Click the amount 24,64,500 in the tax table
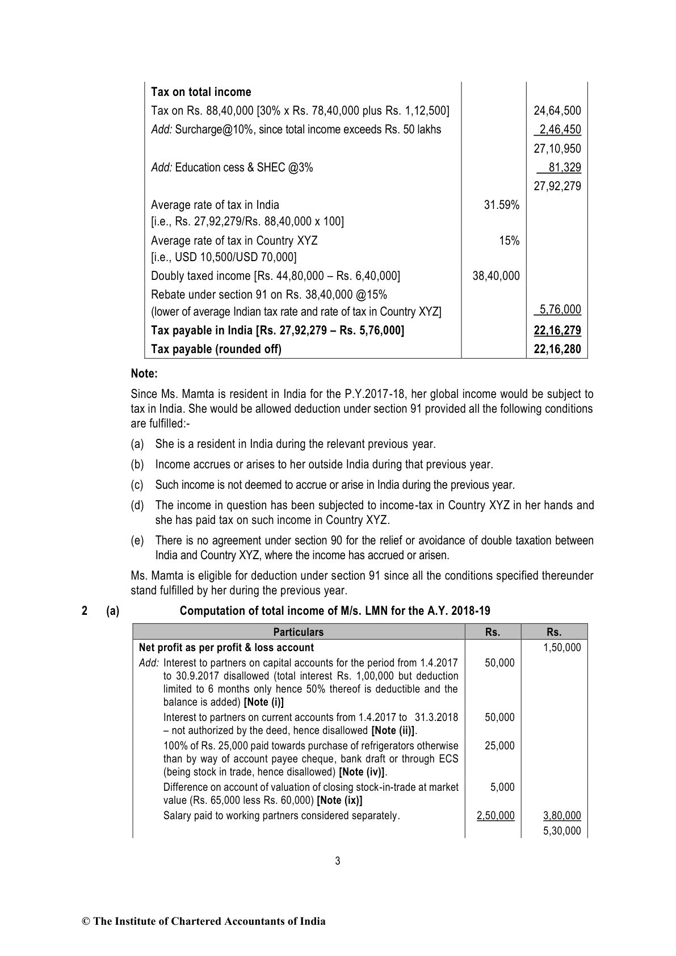(x=557, y=111)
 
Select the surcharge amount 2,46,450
(x=559, y=129)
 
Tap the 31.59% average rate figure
(x=501, y=205)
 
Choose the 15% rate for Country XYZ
(x=509, y=241)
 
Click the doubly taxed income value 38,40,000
(x=496, y=276)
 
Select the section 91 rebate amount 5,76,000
(x=560, y=309)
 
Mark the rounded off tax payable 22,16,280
(x=557, y=349)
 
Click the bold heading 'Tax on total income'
(x=201, y=92)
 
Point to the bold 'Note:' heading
(x=144, y=374)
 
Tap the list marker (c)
(x=137, y=485)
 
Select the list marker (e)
(x=137, y=540)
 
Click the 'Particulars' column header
(x=298, y=632)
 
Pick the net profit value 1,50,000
(x=562, y=648)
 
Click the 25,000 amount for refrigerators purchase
(x=499, y=745)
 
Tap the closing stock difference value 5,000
(x=502, y=787)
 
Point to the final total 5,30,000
(x=562, y=831)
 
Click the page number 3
(x=338, y=861)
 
